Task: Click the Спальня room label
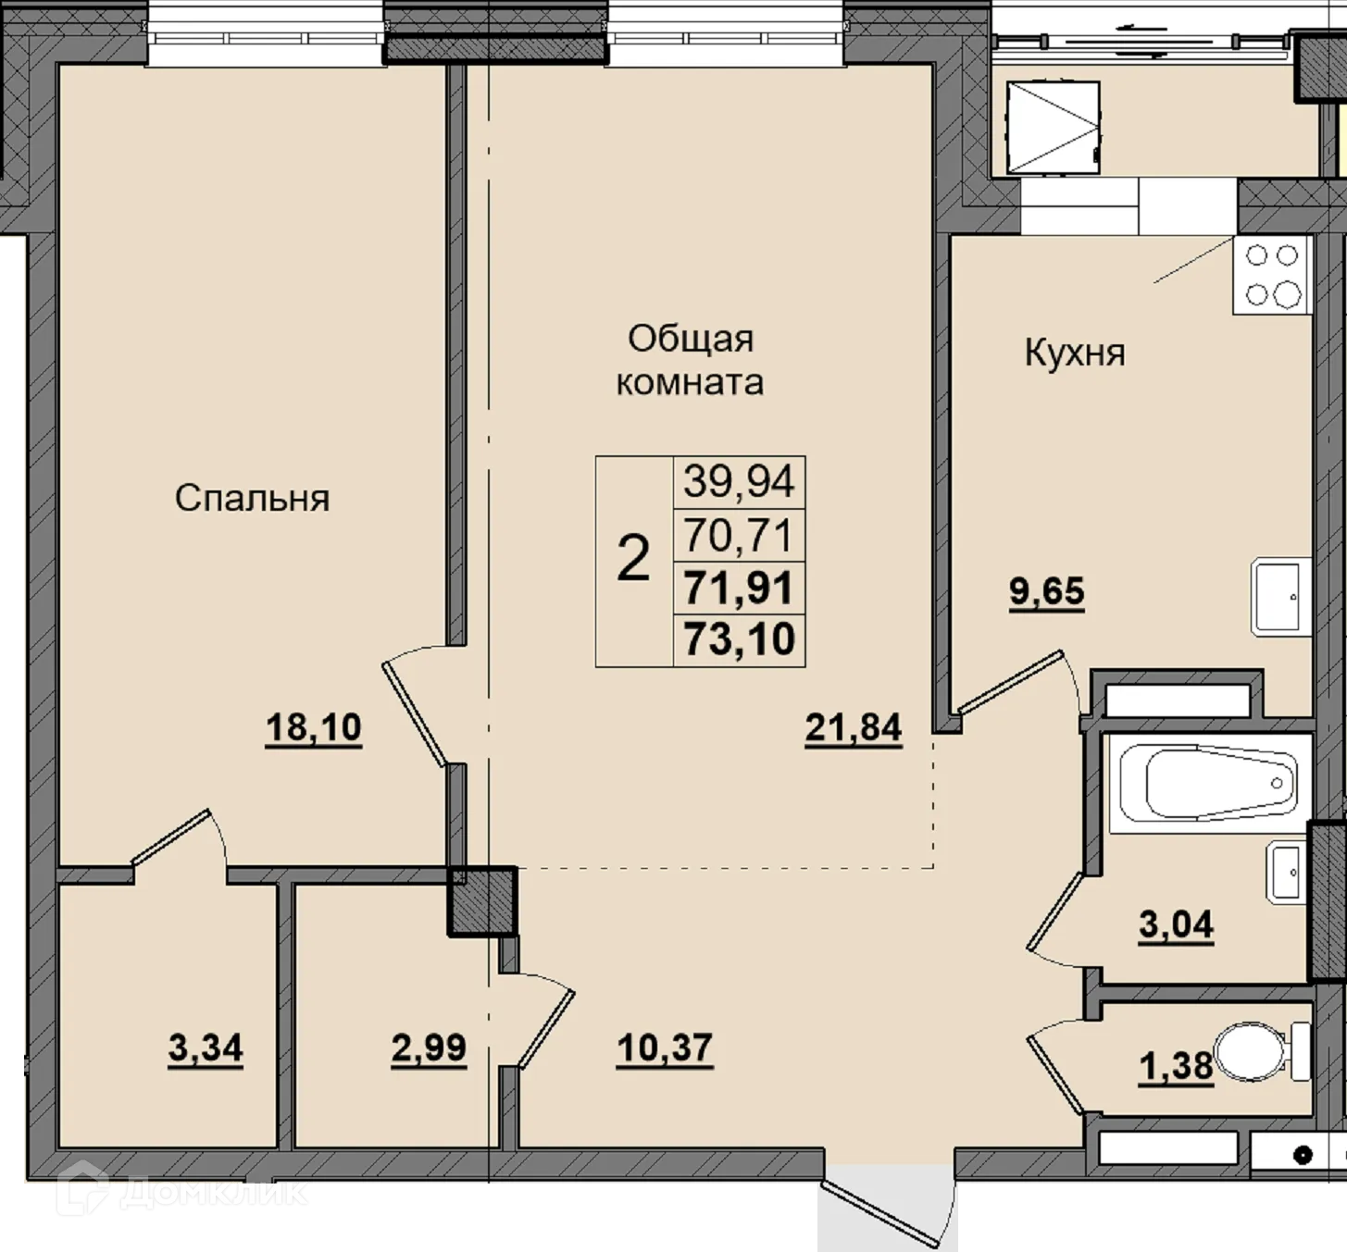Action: click(x=253, y=499)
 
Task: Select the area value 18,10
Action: click(x=313, y=727)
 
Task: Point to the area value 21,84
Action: click(x=854, y=728)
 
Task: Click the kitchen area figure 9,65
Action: click(x=1046, y=591)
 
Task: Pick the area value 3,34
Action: click(x=205, y=1047)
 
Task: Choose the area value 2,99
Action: click(x=429, y=1047)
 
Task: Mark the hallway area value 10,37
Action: click(x=665, y=1047)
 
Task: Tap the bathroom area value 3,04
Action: click(x=1176, y=924)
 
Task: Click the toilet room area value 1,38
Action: click(x=1176, y=1067)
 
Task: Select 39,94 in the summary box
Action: click(x=739, y=481)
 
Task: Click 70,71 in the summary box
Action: click(x=739, y=535)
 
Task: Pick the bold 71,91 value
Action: click(x=739, y=588)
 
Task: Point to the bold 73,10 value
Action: click(x=739, y=638)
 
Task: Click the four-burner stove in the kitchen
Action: click(x=1270, y=276)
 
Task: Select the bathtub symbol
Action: click(x=1208, y=784)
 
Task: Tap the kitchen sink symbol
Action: click(x=1279, y=597)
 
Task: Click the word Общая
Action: click(x=691, y=339)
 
